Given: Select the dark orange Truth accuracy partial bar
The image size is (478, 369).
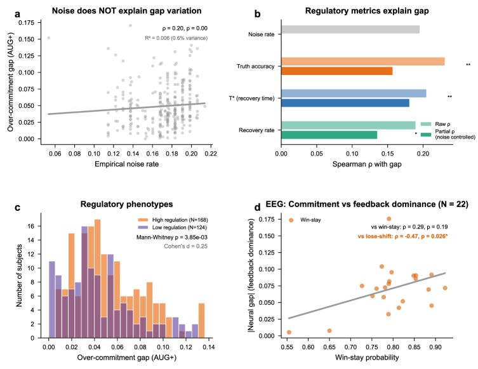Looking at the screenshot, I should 336,70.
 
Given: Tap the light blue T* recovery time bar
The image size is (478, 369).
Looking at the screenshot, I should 354,93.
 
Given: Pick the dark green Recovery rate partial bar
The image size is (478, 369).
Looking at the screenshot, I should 329,135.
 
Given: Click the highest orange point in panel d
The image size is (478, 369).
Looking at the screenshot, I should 388,218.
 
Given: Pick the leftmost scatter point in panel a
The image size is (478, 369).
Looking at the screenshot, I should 48,37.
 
